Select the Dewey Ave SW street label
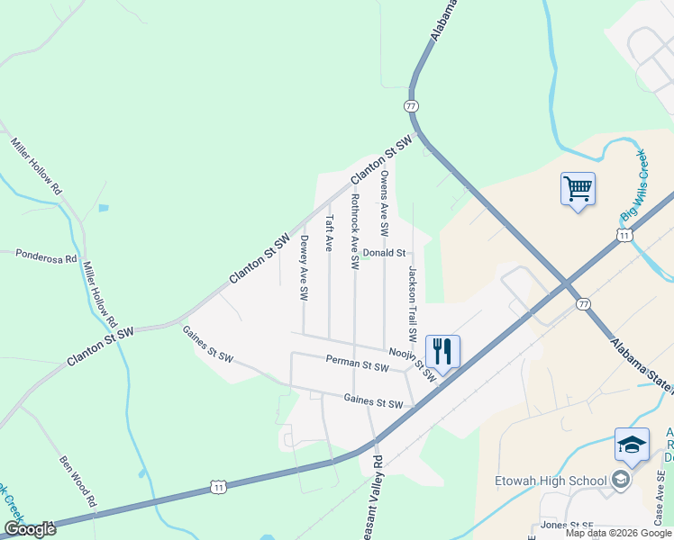304,267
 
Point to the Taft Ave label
330,232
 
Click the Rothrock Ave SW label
355,231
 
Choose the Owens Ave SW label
384,203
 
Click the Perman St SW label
357,363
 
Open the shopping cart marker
578,189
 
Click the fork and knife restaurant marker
442,351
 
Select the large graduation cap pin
632,445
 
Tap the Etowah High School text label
551,481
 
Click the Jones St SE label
565,525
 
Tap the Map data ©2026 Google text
618,533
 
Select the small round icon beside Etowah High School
620,480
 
